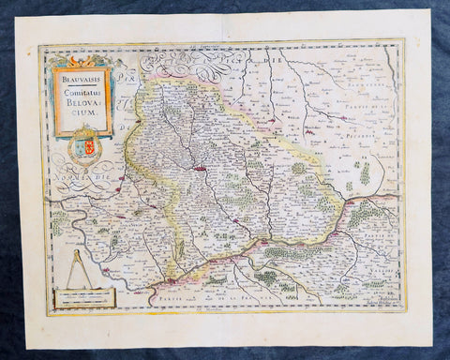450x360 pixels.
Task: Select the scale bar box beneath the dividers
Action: click(82, 298)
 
